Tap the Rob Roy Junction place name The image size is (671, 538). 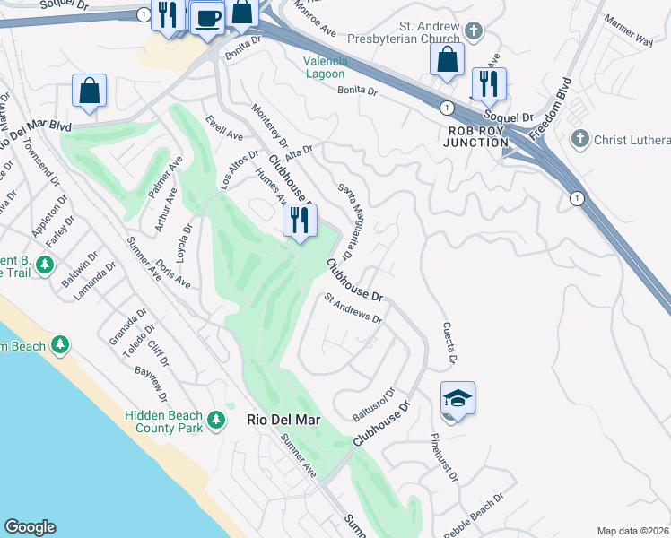coord(475,135)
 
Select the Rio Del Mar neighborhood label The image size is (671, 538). coord(283,419)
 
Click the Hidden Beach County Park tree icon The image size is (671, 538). coord(215,419)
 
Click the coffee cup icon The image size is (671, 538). coord(207,17)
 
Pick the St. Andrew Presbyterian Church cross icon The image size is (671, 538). coord(474,31)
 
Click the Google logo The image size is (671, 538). coord(30,527)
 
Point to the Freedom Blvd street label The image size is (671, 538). coord(550,111)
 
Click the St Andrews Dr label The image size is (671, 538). coord(353,309)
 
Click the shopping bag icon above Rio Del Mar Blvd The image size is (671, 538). coord(89,91)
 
